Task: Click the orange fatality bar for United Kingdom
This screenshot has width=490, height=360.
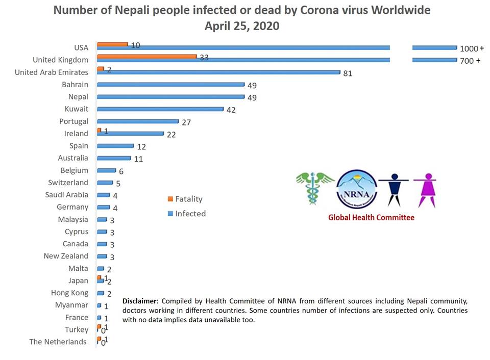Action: point(146,56)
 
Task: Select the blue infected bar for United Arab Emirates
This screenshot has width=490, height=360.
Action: point(218,72)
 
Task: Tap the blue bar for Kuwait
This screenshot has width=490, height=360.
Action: point(160,109)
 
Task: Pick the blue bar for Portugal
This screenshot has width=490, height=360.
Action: point(138,121)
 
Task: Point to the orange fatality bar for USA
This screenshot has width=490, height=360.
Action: point(112,44)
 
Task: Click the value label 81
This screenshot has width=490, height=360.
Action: point(348,73)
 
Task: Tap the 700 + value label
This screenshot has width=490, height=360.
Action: point(470,61)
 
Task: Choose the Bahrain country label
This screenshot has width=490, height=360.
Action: point(75,85)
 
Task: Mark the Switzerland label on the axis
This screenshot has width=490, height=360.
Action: point(68,183)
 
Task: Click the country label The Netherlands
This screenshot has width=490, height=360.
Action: point(58,342)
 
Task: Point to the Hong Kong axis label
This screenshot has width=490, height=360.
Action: point(69,293)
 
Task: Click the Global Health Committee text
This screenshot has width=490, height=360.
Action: point(371,218)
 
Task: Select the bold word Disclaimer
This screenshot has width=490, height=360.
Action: point(141,301)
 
